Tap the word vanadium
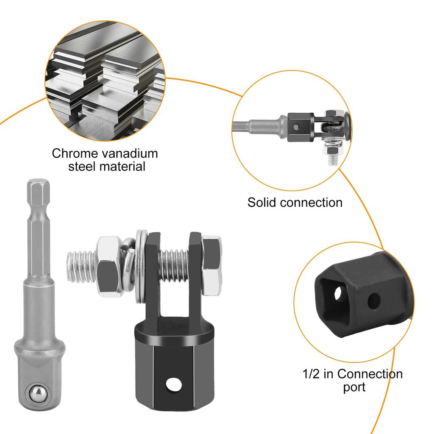point(128,153)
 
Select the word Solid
point(262,202)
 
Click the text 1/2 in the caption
point(311,374)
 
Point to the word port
point(354,387)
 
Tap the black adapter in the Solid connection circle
point(300,126)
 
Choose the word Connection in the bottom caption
point(370,374)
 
